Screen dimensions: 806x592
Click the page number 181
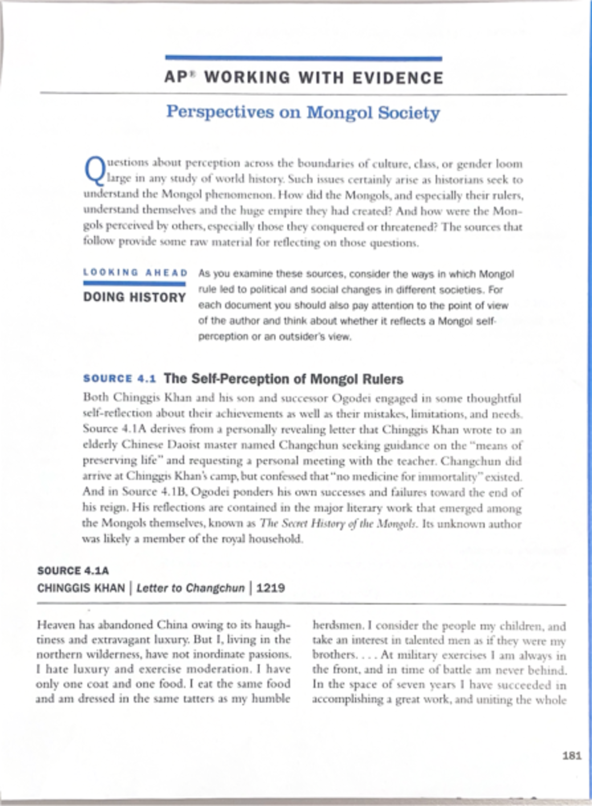(572, 756)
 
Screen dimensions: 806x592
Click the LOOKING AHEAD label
(135, 273)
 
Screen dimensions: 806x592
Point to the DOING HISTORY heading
(135, 297)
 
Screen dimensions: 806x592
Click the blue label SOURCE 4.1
(120, 379)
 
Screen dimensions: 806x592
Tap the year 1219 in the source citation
(271, 588)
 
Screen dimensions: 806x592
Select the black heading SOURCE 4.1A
(73, 571)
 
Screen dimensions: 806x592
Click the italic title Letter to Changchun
(190, 588)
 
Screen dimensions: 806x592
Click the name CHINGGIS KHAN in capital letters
(81, 588)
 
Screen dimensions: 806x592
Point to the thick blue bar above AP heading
(303, 58)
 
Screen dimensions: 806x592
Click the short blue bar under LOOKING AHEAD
(134, 284)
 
